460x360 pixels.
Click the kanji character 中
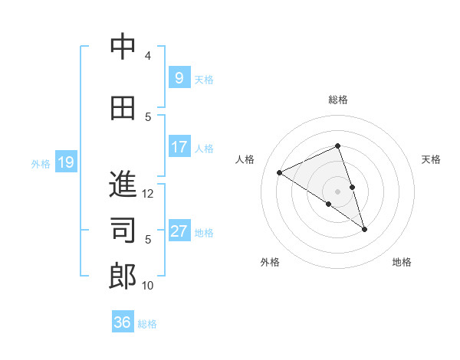[123, 47]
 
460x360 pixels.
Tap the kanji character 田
[123, 109]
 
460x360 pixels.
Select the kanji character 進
[123, 185]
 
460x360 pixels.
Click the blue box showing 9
[179, 77]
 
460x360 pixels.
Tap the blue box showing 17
[179, 147]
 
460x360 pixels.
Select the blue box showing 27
[179, 231]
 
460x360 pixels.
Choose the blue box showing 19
[66, 162]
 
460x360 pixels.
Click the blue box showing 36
[123, 322]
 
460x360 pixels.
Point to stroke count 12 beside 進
[148, 194]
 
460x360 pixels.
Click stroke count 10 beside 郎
[148, 286]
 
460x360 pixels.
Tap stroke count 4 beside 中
[148, 56]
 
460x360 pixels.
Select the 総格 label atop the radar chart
[338, 100]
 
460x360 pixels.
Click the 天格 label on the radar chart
[431, 159]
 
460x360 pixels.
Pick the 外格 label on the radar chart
[270, 262]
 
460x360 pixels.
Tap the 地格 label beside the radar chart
[402, 262]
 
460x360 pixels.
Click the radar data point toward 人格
[280, 172]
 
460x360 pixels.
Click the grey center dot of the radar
[337, 191]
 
